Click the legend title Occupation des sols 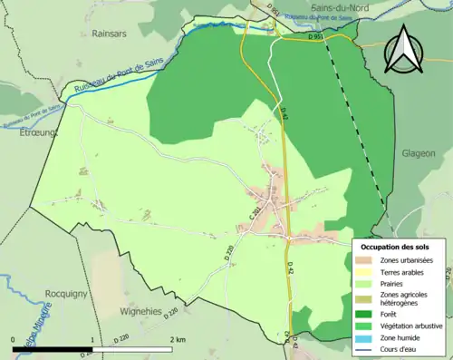(397, 247)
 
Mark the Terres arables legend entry (401, 272)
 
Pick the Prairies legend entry (393, 283)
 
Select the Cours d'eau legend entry (400, 348)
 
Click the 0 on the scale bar (14, 338)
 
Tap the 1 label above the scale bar (92, 338)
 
